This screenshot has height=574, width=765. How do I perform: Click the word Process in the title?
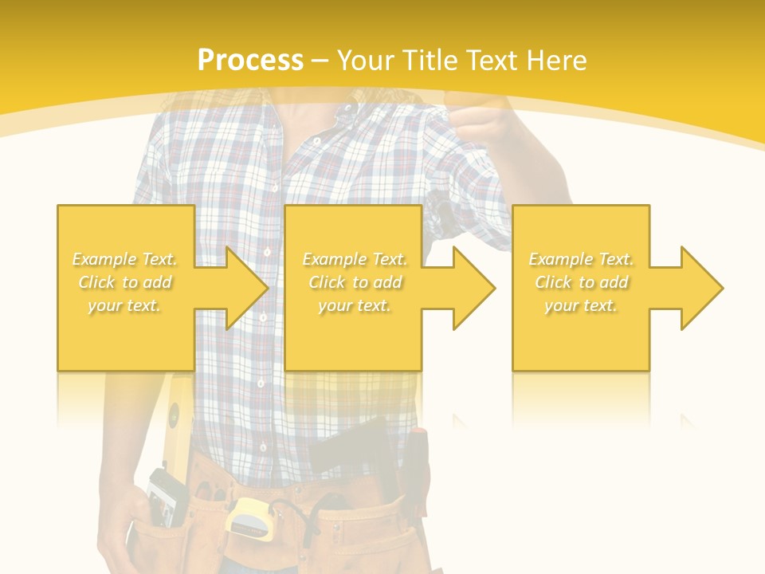pos(250,60)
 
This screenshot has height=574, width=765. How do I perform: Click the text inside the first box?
pos(125,282)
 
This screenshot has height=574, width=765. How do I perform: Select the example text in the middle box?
pos(355,282)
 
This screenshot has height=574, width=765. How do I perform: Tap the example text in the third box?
pos(581,282)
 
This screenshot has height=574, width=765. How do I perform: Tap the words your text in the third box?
pos(581,305)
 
